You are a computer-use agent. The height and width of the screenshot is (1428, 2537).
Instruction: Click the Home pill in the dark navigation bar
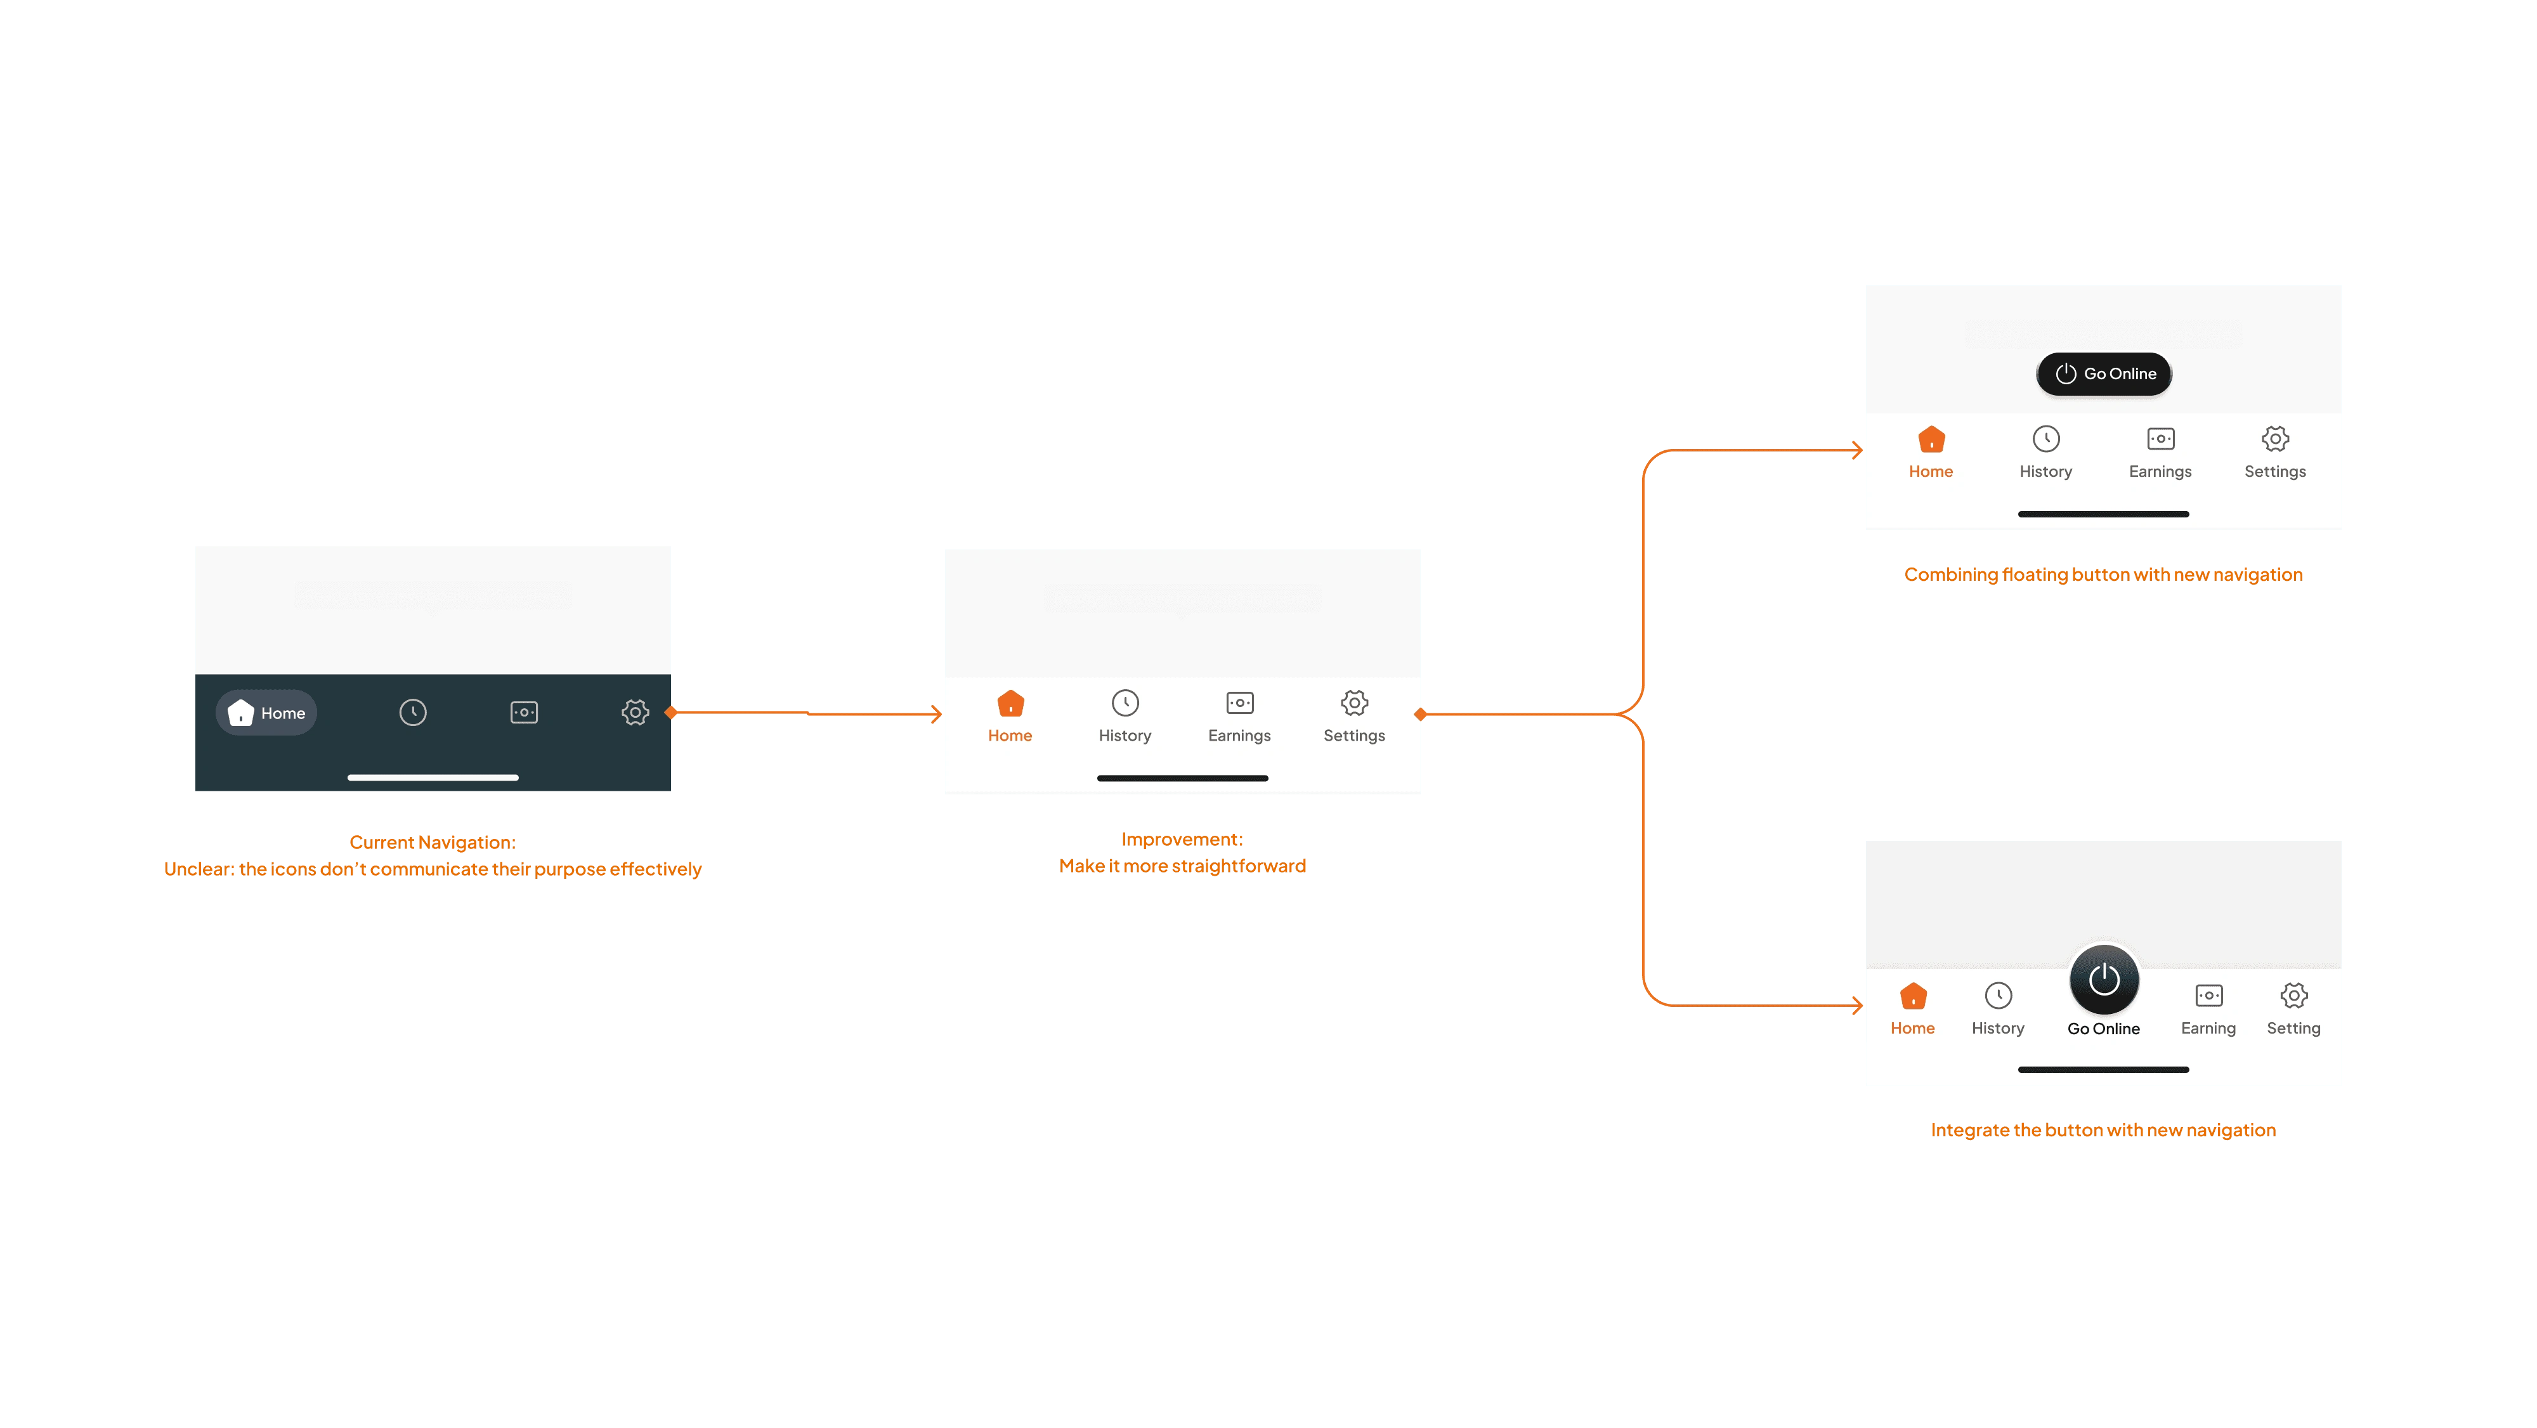click(x=266, y=713)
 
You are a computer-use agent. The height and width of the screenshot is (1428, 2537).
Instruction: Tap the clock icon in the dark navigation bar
click(x=413, y=712)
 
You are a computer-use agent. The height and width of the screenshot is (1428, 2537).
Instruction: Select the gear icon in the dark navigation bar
click(x=636, y=712)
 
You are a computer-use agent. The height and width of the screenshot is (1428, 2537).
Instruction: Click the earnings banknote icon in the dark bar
click(x=524, y=712)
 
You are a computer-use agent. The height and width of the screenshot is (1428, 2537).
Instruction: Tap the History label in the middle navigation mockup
click(x=1125, y=736)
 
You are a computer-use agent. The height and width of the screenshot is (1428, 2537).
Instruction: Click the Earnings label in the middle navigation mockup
click(x=1239, y=736)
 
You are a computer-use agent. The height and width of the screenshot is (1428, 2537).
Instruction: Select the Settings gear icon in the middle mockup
click(x=1354, y=703)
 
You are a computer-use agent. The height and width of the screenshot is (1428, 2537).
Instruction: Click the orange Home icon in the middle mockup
click(x=1010, y=703)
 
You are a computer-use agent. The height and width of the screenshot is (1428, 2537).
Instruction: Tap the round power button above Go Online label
click(x=2104, y=979)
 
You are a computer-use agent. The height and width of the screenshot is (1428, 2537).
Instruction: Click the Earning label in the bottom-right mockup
click(x=2208, y=1028)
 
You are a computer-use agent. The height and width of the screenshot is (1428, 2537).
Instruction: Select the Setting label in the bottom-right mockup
click(x=2293, y=1028)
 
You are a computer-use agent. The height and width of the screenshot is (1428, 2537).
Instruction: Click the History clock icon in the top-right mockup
click(x=2045, y=439)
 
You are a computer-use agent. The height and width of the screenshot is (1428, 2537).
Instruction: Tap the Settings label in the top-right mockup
click(x=2275, y=472)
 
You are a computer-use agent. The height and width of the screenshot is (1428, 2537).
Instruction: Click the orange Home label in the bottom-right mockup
click(x=1913, y=1028)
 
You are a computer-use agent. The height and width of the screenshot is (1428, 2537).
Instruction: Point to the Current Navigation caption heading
click(x=433, y=843)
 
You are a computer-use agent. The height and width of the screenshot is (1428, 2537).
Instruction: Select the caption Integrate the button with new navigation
click(x=2103, y=1129)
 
